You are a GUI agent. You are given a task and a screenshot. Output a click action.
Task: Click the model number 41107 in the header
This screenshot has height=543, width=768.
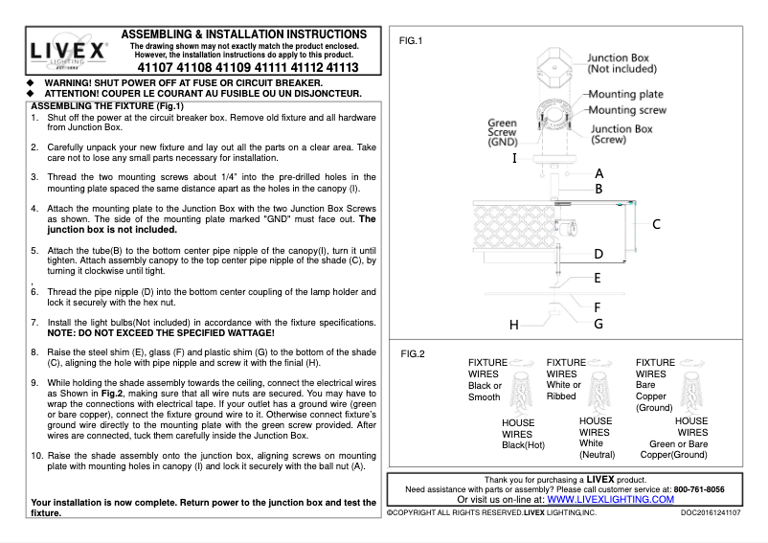point(159,69)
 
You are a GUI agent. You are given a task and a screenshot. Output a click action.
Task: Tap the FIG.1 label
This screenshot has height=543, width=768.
point(410,40)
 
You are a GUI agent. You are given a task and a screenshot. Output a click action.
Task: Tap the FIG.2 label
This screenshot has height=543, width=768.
point(413,353)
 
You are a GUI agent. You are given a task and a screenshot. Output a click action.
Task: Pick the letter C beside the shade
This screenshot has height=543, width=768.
point(656,224)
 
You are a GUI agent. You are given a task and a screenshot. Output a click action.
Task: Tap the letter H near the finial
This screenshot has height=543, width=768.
point(513,325)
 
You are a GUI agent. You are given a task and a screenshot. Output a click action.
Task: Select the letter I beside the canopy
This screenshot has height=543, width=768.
point(515,157)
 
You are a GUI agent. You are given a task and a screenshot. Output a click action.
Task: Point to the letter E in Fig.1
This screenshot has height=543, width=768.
point(597,279)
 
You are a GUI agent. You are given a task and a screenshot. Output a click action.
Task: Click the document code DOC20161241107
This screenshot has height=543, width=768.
point(710,513)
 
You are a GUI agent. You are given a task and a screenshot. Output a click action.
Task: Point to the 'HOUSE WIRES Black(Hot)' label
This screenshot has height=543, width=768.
point(523,433)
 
